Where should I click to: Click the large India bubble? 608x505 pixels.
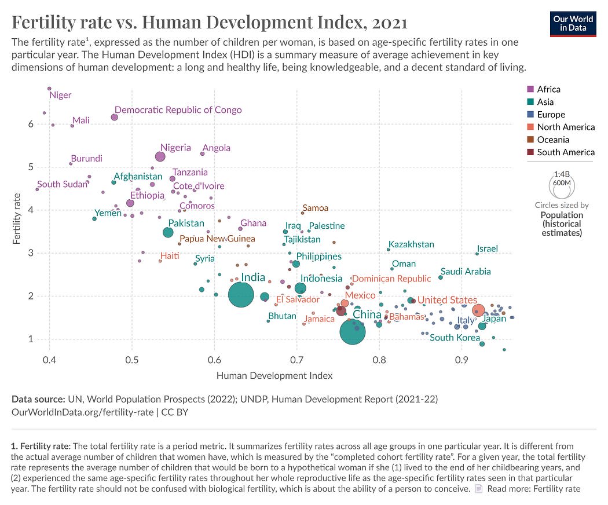pos(241,295)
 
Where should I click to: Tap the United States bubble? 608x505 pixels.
pos(478,310)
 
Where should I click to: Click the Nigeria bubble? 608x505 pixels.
pos(160,156)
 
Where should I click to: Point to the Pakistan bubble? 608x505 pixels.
pos(168,232)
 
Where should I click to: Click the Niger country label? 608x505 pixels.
pos(60,95)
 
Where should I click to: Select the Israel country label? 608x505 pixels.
pos(487,249)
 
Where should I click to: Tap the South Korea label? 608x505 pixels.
pos(455,338)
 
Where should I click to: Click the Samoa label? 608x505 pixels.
pos(315,208)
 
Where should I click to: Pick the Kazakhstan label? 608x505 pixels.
pos(411,244)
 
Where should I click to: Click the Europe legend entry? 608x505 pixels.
pos(551,114)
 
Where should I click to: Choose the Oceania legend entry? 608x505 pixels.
pos(553,140)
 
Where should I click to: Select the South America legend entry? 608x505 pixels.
pos(565,152)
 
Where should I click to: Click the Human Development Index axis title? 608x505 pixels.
pos(274,375)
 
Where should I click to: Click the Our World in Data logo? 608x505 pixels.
pos(573,23)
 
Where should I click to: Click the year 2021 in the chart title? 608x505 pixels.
pos(386,23)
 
